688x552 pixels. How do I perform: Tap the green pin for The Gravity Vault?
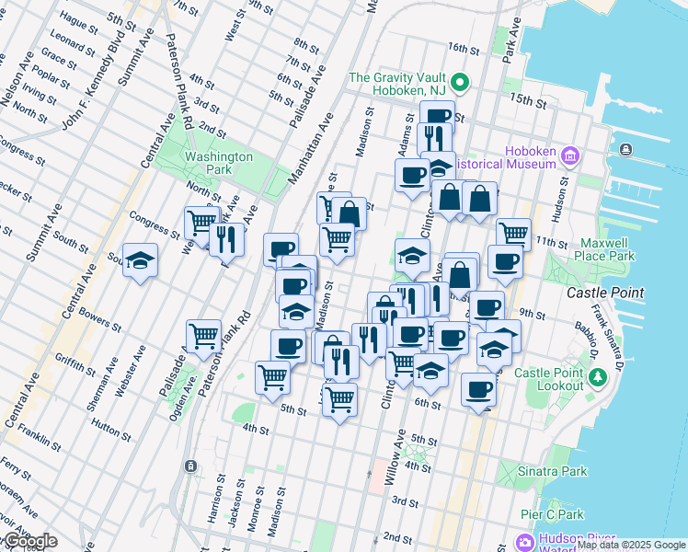pyautogui.click(x=463, y=85)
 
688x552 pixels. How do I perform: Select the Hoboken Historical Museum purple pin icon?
pyautogui.click(x=569, y=156)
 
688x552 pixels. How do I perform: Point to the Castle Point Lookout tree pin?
pyautogui.click(x=598, y=376)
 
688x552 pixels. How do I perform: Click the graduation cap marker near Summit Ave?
pyautogui.click(x=140, y=260)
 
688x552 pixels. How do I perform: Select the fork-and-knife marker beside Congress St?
pyautogui.click(x=226, y=238)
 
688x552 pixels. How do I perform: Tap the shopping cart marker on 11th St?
pyautogui.click(x=513, y=233)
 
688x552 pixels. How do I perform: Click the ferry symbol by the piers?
pyautogui.click(x=626, y=150)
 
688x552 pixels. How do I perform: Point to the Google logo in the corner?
pyautogui.click(x=29, y=541)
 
